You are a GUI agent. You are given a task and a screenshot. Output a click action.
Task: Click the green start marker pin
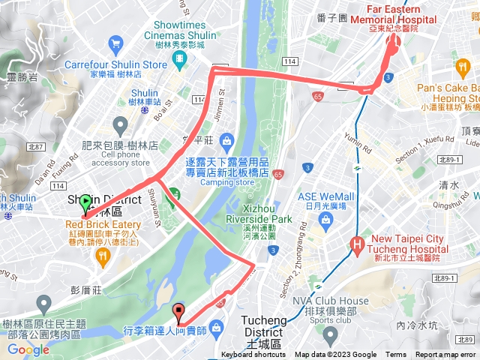point(85,202)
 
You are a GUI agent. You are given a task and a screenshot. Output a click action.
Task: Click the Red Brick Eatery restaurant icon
point(102,255)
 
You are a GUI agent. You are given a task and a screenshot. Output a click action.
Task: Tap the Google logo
point(28,349)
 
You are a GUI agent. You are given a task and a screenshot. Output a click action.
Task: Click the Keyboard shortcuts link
point(254,355)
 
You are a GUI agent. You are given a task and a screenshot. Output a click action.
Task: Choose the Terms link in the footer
point(396,355)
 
